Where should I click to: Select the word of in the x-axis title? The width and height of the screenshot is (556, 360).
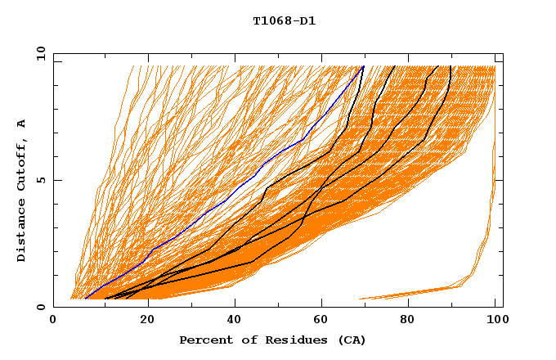[x=243, y=340]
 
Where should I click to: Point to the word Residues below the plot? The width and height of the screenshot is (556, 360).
[x=286, y=340]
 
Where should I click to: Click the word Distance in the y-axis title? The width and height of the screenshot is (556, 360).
[x=22, y=228]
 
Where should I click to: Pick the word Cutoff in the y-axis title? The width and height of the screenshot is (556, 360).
[x=22, y=164]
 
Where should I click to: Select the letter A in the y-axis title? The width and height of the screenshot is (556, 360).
[x=22, y=123]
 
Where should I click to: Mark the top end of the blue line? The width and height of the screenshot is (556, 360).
[x=363, y=67]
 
